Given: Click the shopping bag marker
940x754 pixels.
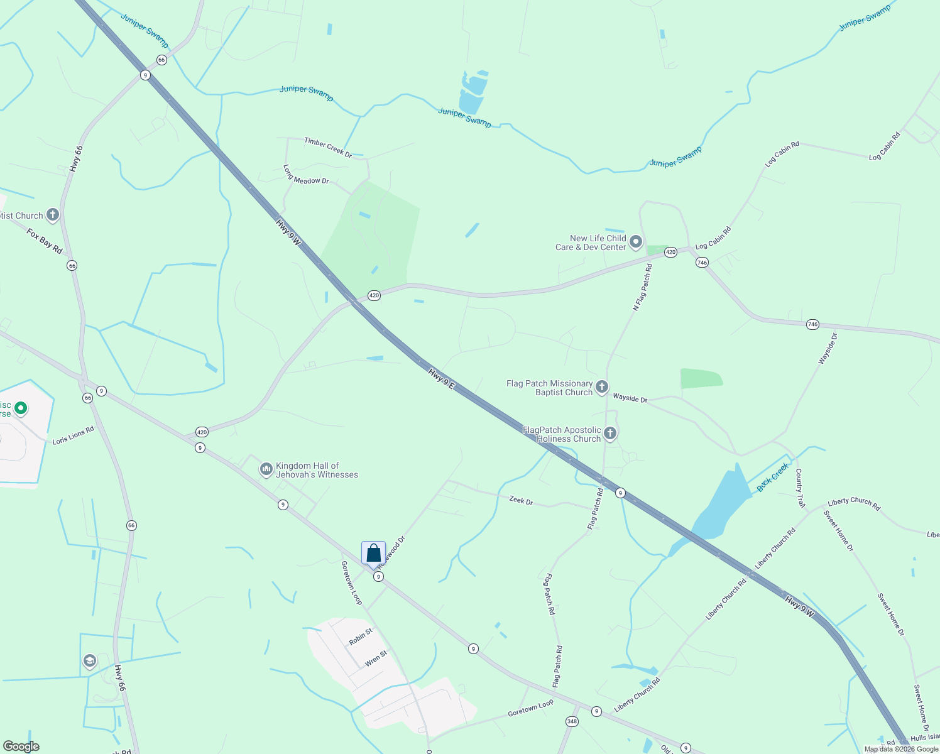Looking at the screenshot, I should point(373,554).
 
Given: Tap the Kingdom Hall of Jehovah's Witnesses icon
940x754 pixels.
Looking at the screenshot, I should point(266,469).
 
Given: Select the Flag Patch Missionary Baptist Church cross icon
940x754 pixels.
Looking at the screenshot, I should point(602,387).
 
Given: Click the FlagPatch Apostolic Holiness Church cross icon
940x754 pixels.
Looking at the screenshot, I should point(609,434).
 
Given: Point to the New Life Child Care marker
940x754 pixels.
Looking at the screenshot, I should point(636,242).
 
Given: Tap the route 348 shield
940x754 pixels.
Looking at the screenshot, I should point(572,721).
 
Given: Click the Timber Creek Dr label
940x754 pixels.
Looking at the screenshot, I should point(328,148).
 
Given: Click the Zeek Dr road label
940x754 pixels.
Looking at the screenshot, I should point(521,500).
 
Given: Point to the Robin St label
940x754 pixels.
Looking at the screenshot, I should point(361,637).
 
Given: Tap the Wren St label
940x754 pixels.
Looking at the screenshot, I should point(376,658).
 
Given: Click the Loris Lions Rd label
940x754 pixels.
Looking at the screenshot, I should point(73,435).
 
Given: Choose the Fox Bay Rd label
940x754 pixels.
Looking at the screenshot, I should point(45,241).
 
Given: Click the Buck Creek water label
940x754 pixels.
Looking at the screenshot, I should point(772,478).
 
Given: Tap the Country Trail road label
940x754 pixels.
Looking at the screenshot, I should point(799,488).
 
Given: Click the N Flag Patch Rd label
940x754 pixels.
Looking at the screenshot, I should point(642,287).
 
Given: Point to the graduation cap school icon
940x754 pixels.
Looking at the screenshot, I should point(90,660).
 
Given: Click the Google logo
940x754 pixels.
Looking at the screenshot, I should point(21,746).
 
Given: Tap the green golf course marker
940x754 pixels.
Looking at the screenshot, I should point(21,409).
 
